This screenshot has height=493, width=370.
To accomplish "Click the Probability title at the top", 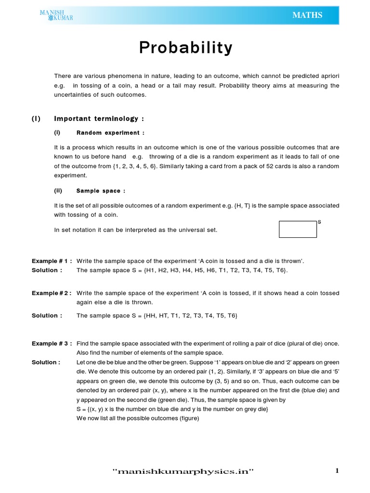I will (185, 48).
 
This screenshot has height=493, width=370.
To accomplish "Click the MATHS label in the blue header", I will (307, 15).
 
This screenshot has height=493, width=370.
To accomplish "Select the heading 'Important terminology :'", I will (99, 118).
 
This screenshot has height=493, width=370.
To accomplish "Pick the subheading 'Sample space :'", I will (101, 191).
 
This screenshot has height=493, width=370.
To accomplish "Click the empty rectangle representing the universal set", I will (298, 230).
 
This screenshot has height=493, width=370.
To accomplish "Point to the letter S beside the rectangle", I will (319, 221).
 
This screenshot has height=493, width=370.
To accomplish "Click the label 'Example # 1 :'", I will (52, 261).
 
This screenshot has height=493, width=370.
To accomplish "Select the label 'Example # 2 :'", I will (52, 293).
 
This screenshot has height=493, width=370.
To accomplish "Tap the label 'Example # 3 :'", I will (52, 343).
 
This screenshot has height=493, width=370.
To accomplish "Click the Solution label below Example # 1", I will (47, 270).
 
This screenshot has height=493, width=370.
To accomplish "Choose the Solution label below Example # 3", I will (46, 362).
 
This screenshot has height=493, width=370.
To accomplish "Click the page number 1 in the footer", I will (337, 471).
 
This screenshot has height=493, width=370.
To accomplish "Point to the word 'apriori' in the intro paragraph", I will (327, 76).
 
